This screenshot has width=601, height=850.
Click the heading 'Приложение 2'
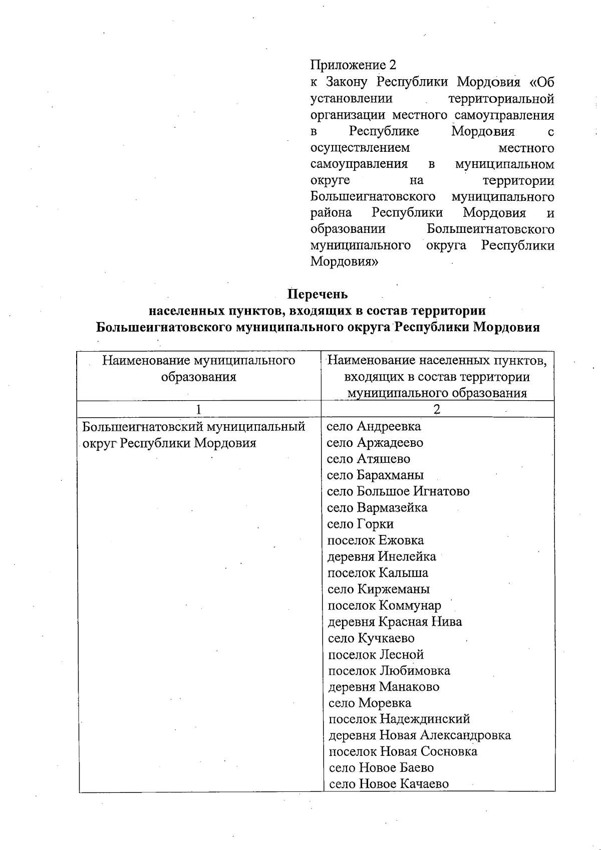pyautogui.click(x=353, y=65)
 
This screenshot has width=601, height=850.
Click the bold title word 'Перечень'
pyautogui.click(x=318, y=294)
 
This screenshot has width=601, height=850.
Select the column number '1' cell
pyautogui.click(x=198, y=409)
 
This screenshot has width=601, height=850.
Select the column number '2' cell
pyautogui.click(x=437, y=409)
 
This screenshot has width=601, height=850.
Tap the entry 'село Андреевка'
pyautogui.click(x=374, y=426)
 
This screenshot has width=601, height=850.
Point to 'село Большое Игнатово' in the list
pyautogui.click(x=398, y=491)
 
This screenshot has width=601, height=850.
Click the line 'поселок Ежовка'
pyautogui.click(x=375, y=540)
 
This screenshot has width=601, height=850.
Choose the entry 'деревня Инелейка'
pyautogui.click(x=382, y=556)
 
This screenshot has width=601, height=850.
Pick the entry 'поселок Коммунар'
pyautogui.click(x=384, y=606)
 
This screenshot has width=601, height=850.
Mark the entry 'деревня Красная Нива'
pyautogui.click(x=395, y=622)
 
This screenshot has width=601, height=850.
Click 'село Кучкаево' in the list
pyautogui.click(x=371, y=638)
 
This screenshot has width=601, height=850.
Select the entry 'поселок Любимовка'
pyautogui.click(x=389, y=671)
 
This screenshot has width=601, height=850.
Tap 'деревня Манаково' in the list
pyautogui.click(x=384, y=687)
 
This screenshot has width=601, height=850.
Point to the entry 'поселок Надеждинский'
pyautogui.click(x=399, y=719)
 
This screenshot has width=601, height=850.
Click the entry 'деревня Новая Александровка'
pyautogui.click(x=420, y=735)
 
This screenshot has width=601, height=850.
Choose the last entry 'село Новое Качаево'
pyautogui.click(x=389, y=784)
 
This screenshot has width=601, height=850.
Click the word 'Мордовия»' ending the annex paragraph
pyautogui.click(x=344, y=261)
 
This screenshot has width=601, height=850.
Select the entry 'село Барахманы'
pyautogui.click(x=375, y=475)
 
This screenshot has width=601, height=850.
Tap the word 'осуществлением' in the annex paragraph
pyautogui.click(x=360, y=148)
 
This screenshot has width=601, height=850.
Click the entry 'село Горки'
pyautogui.click(x=360, y=524)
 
